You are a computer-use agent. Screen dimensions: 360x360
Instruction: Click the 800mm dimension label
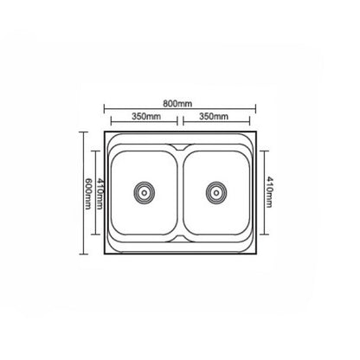pyautogui.click(x=177, y=103)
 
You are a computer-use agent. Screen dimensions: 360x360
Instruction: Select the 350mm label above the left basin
pyautogui.click(x=146, y=116)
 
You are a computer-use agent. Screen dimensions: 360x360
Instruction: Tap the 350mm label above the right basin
pyautogui.click(x=214, y=116)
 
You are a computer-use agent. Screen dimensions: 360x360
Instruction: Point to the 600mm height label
pyautogui.click(x=88, y=193)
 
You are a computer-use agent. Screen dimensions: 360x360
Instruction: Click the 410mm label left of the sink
pyautogui.click(x=100, y=193)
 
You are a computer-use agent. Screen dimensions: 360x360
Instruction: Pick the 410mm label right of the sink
pyautogui.click(x=269, y=192)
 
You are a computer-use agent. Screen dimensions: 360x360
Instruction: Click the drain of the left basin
pyautogui.click(x=145, y=192)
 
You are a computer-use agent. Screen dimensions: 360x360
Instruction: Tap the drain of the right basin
pyautogui.click(x=216, y=192)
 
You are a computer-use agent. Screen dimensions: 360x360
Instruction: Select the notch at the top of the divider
pyautogui.click(x=180, y=147)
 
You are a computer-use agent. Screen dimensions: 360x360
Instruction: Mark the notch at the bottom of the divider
pyautogui.click(x=180, y=238)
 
